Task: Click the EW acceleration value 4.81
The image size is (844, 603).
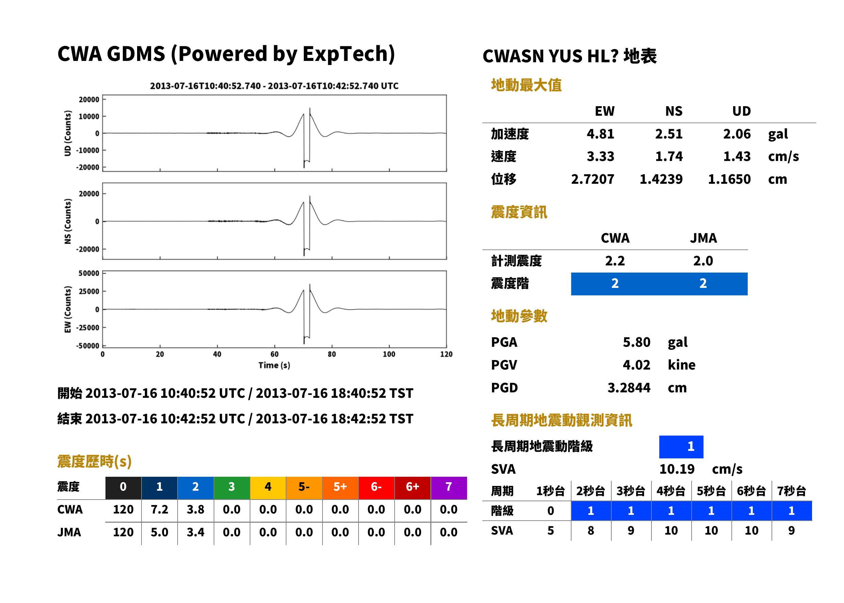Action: point(600,134)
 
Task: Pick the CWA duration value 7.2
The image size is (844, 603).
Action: point(159,509)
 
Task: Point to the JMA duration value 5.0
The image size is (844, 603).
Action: point(159,532)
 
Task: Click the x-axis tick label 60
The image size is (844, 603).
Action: point(274,354)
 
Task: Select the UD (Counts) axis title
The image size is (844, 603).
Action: point(68,133)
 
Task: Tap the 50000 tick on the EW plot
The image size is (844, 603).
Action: point(89,273)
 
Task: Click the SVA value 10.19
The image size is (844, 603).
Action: point(677,469)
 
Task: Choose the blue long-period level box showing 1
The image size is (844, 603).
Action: point(681,447)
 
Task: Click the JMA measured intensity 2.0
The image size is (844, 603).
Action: point(703,261)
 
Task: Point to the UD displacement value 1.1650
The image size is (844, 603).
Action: point(729,179)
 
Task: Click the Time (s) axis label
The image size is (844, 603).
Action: point(274,365)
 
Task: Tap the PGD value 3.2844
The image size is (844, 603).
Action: point(629,388)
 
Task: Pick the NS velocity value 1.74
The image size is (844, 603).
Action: point(668,156)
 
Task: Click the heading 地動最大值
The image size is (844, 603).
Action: point(526,85)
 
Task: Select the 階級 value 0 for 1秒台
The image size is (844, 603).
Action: point(550,511)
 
